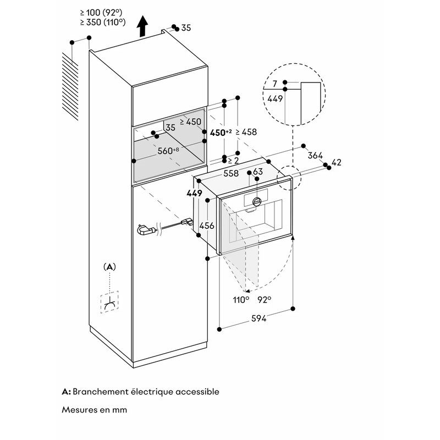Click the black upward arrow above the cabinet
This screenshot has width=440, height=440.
(x=142, y=26)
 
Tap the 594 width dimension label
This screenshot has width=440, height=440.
(x=258, y=318)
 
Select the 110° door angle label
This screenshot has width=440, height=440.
(x=241, y=300)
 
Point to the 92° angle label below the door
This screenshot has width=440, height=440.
(x=265, y=300)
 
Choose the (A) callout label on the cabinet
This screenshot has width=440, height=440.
(x=109, y=267)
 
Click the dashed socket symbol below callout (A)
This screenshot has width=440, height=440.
(x=109, y=302)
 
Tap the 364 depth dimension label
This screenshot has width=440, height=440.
(x=315, y=155)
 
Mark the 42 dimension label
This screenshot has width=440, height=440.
(x=337, y=162)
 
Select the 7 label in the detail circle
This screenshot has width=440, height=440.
(x=274, y=84)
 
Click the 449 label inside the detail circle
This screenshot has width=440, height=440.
(x=275, y=98)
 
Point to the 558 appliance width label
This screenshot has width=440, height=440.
(x=231, y=173)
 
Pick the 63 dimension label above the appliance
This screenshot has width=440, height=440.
(x=257, y=171)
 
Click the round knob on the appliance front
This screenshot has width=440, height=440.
(x=257, y=201)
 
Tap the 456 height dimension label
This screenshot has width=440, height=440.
(x=207, y=226)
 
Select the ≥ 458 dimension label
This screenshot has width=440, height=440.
(x=246, y=132)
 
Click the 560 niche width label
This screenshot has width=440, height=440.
(x=168, y=151)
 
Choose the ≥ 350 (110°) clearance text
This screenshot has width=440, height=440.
(x=103, y=22)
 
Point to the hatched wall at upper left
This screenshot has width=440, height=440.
(x=70, y=86)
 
